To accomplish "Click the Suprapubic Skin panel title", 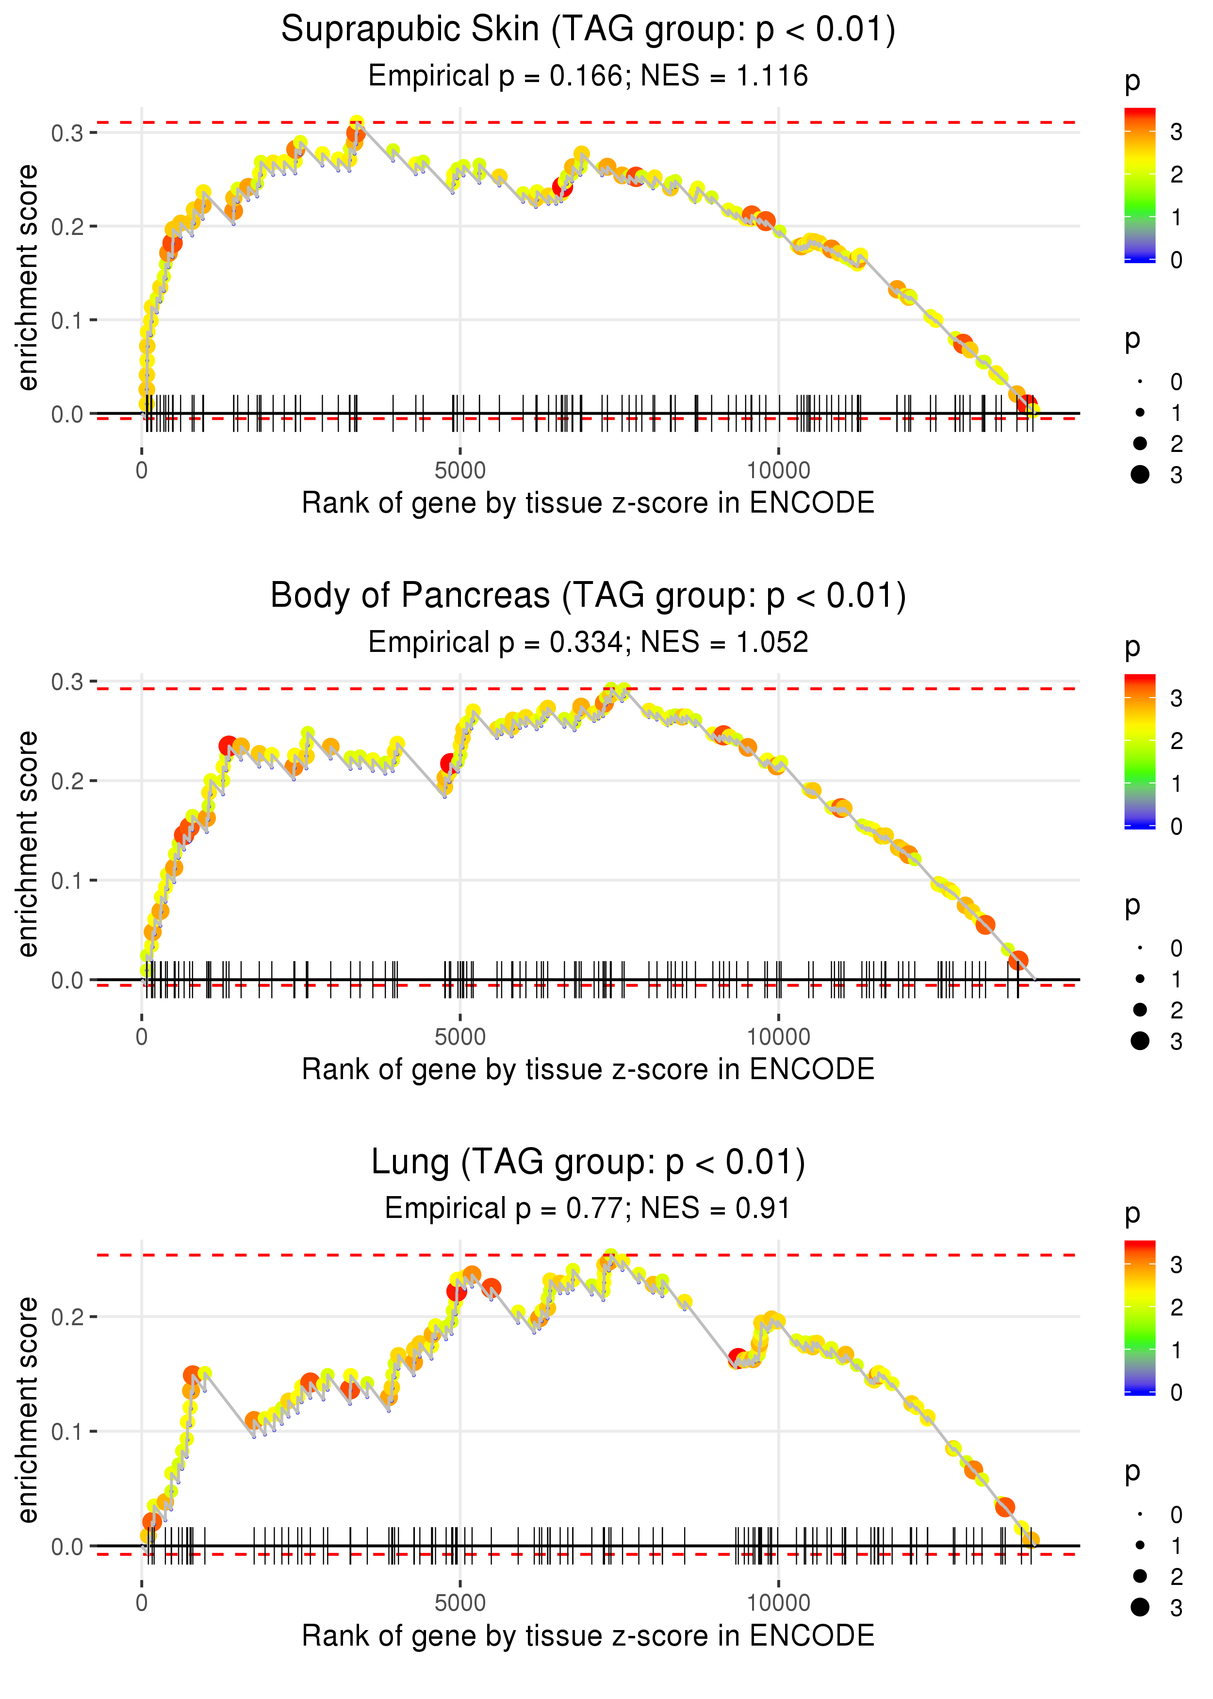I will click(588, 30).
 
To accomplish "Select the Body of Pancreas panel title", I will click(588, 596).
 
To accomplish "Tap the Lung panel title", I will click(588, 1163).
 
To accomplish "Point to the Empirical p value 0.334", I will click(586, 643).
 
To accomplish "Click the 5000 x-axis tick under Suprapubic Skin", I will click(460, 471).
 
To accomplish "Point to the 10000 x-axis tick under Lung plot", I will click(778, 1603).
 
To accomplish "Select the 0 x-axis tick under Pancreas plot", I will click(142, 1037).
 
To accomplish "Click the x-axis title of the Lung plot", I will click(588, 1636).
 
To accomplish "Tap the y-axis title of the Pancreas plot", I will click(28, 844).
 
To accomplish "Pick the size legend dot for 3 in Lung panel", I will click(1140, 1607).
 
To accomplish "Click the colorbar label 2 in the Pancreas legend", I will click(1177, 741).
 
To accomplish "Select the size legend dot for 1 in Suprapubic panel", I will click(1140, 413).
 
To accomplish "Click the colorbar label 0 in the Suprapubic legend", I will click(1177, 260).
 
